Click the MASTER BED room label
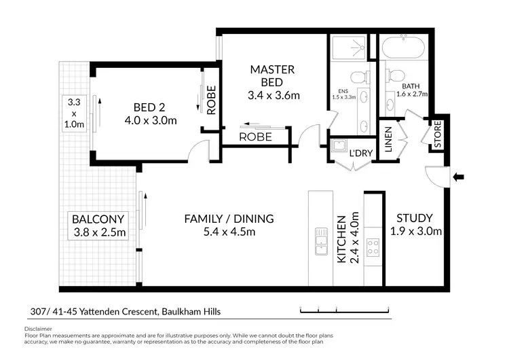(272, 75)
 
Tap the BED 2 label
(149, 107)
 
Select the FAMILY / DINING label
(229, 219)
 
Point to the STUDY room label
(415, 217)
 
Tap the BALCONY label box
(98, 226)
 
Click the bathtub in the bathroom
(403, 48)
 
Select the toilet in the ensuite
(359, 77)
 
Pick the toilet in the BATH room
(394, 75)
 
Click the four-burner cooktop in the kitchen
(373, 247)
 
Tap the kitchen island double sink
(321, 241)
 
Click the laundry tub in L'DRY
(338, 145)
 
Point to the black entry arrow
(458, 177)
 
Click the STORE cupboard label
(438, 134)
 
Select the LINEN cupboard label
(388, 139)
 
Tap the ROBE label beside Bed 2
(211, 100)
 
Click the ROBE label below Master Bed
(255, 137)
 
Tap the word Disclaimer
(38, 329)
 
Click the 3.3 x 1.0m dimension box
(75, 113)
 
